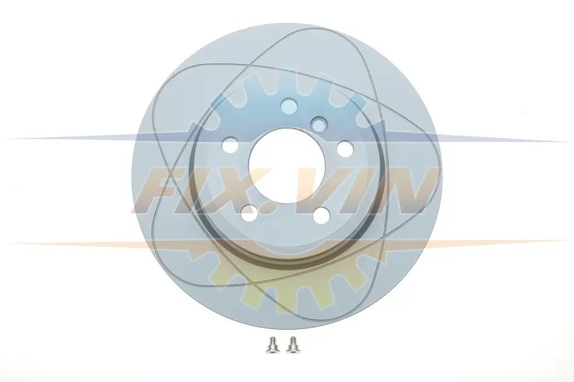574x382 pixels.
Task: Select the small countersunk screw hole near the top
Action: [319, 124]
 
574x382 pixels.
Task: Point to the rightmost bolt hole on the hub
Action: [344, 148]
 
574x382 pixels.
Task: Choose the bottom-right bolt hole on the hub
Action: [322, 215]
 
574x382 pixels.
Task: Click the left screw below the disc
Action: [272, 345]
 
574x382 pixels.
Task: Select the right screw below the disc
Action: [292, 345]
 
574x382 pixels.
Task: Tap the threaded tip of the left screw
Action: [272, 339]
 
